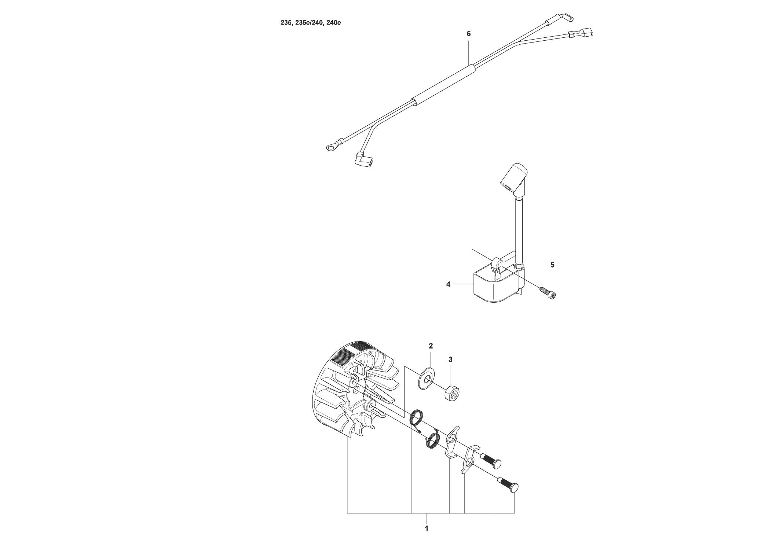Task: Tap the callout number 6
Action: [469, 34]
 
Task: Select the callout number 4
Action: [448, 284]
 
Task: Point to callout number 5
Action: [552, 265]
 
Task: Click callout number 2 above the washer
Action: [431, 346]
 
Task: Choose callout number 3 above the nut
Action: [450, 359]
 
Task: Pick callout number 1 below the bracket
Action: [427, 528]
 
